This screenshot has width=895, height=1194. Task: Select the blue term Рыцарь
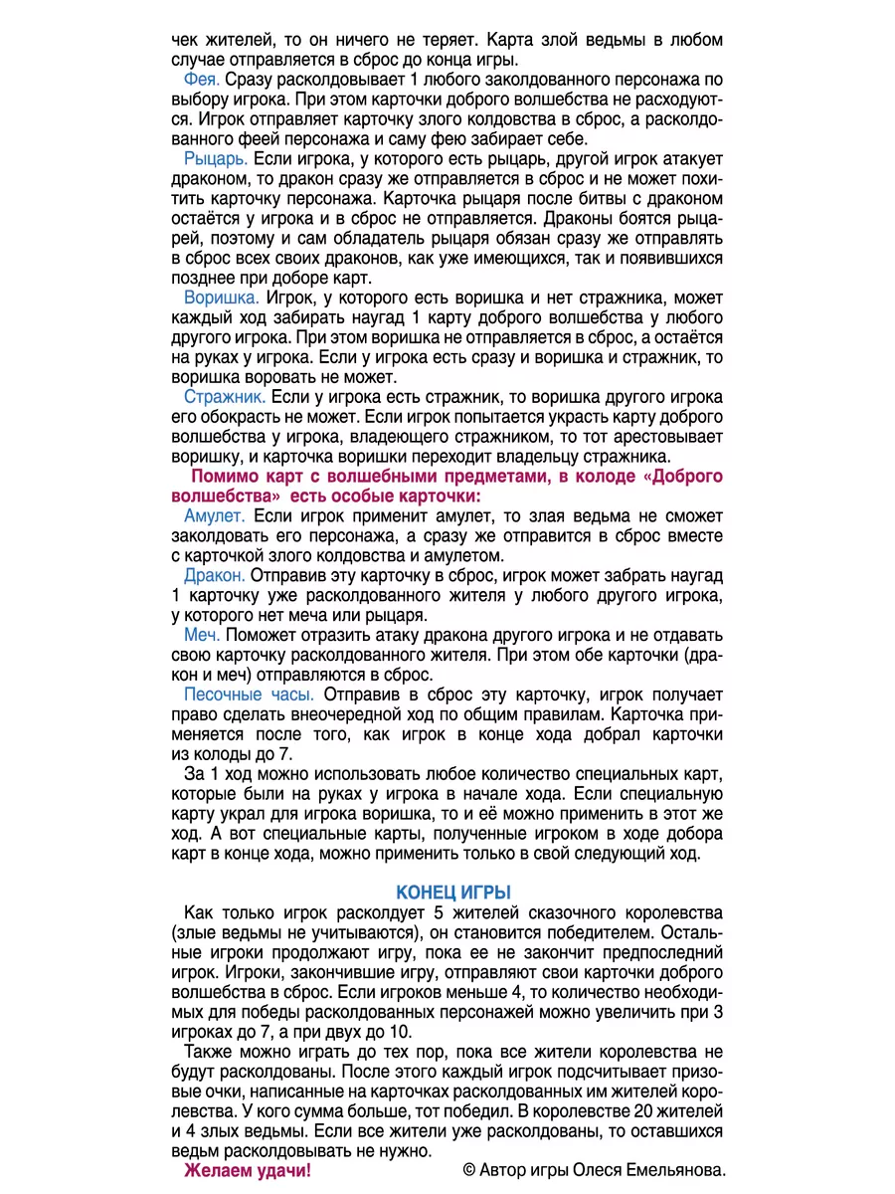tap(216, 157)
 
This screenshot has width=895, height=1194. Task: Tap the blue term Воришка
tap(221, 297)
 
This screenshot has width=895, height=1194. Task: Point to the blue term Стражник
tap(224, 396)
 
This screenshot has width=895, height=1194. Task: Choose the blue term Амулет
tap(214, 515)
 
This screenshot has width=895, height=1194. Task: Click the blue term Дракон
tap(214, 575)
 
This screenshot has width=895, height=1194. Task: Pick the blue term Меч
tap(203, 635)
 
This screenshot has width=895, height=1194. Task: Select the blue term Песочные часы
tap(249, 695)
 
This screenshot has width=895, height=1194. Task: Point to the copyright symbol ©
tap(470, 1170)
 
